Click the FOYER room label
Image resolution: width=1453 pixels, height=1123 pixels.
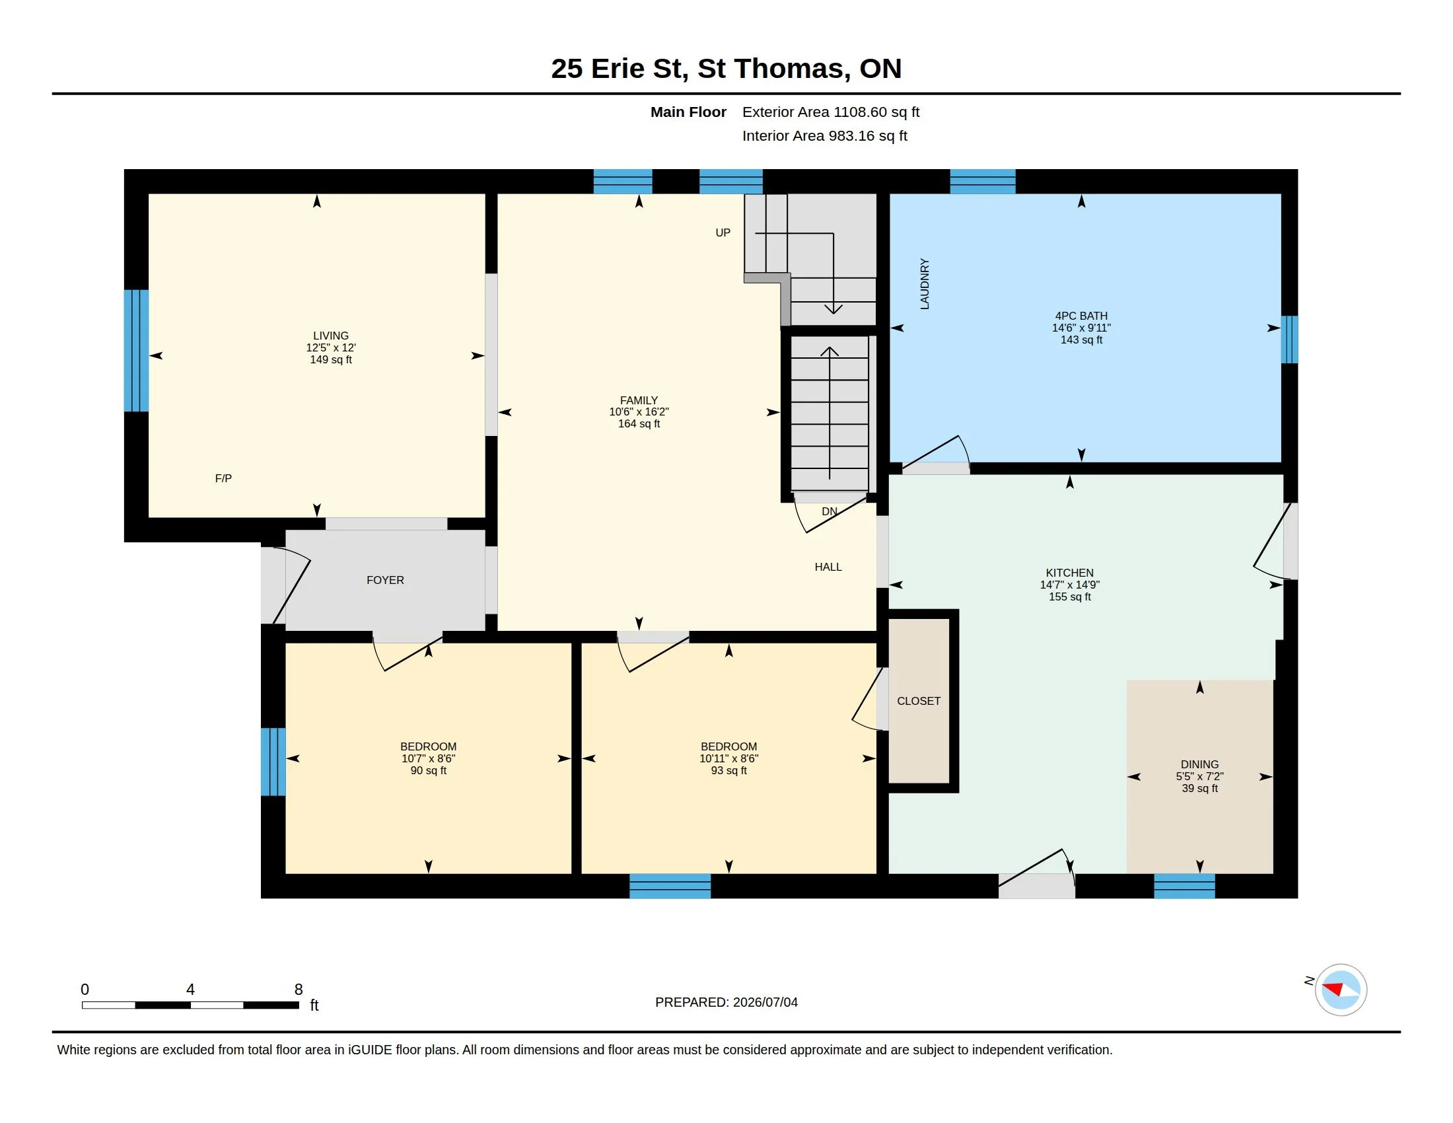pos(385,580)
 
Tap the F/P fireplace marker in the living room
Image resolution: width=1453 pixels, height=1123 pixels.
pos(223,478)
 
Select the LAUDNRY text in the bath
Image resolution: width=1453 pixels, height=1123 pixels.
pos(925,284)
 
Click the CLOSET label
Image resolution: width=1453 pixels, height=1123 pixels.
pos(919,701)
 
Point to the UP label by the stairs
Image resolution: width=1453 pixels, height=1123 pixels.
pos(723,233)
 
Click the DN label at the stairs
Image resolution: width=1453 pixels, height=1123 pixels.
pos(830,511)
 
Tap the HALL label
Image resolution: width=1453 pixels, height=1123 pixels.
pos(828,567)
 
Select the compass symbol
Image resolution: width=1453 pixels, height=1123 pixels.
pos(1341,990)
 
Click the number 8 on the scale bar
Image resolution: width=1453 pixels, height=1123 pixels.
pos(299,990)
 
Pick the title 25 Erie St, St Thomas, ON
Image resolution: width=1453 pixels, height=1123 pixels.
pos(726,69)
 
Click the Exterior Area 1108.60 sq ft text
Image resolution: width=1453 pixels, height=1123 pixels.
pos(831,112)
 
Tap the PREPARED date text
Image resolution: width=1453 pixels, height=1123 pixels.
pos(726,1002)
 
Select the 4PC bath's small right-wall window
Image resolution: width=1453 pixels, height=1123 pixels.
pos(1289,340)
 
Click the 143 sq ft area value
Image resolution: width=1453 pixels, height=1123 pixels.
pos(1081,340)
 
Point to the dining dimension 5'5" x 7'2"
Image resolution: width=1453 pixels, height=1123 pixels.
pos(1199,776)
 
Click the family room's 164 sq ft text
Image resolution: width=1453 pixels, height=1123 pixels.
pos(639,424)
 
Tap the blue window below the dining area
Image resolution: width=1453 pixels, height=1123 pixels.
pos(1184,886)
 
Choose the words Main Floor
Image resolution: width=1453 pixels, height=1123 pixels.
pos(689,112)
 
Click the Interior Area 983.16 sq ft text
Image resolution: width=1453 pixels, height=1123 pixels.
pos(825,135)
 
